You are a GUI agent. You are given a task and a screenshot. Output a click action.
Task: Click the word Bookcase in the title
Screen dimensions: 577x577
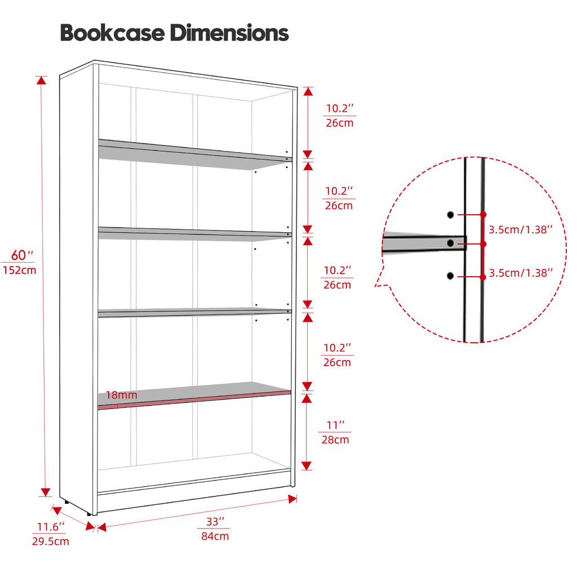[x=113, y=33]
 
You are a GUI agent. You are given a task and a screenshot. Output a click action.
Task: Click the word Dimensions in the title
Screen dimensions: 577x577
[x=229, y=33]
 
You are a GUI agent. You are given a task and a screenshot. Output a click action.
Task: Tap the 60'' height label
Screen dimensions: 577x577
[x=22, y=255]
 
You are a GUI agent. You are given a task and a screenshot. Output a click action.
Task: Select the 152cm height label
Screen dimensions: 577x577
[x=20, y=270]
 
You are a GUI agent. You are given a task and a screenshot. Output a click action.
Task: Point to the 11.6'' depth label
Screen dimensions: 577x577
[x=50, y=527]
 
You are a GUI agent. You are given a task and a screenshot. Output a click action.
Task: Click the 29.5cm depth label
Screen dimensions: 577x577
[x=50, y=542]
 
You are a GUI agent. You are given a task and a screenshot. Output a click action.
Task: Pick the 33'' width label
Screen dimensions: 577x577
[x=215, y=521]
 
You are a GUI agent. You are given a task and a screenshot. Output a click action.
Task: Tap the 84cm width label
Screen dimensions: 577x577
[x=215, y=536]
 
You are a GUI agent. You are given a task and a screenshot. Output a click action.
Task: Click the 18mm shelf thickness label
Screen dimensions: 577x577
[x=122, y=395]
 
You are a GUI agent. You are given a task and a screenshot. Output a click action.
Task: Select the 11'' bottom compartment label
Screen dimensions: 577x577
[x=336, y=425]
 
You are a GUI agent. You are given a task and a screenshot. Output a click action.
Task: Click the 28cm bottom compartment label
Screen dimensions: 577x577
[x=335, y=440]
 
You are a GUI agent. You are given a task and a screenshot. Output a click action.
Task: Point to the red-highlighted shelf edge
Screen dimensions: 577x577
[x=194, y=400]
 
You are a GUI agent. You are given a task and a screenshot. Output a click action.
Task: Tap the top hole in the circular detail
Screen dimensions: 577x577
[x=450, y=215]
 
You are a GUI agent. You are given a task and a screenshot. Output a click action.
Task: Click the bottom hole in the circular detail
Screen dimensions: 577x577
[x=450, y=276]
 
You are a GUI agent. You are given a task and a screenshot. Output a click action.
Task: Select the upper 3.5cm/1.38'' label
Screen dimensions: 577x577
[x=521, y=230]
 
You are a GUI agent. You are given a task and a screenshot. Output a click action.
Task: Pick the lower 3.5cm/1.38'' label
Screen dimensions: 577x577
[x=521, y=273]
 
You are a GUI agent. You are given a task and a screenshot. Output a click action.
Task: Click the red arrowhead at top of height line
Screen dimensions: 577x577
[x=42, y=80]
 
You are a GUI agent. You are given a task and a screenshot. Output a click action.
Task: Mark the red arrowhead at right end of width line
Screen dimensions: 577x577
[x=293, y=499]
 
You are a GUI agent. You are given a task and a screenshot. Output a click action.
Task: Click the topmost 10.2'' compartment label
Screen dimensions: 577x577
[x=340, y=108]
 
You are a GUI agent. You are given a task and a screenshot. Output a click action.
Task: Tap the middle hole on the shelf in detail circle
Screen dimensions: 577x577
[x=450, y=243]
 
